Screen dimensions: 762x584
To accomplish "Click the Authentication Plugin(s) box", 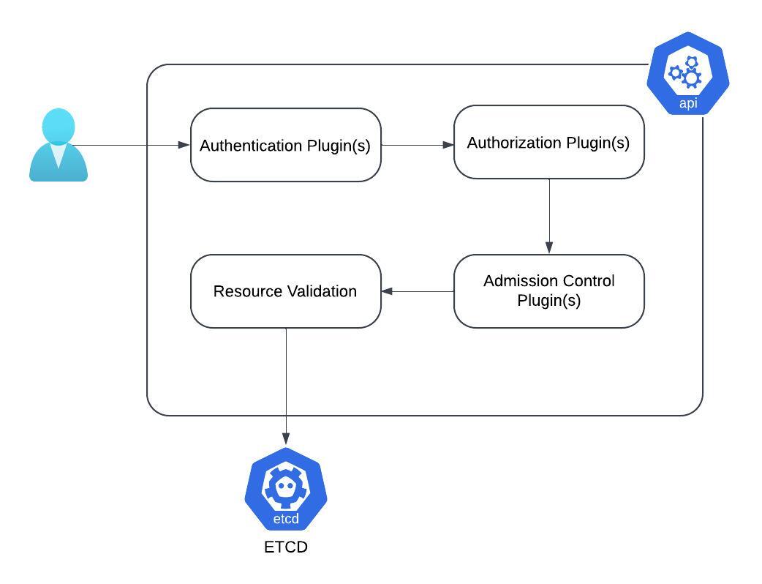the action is tap(286, 145).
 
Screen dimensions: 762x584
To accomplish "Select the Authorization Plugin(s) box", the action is tap(549, 142).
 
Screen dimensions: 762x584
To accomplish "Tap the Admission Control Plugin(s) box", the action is tap(549, 291).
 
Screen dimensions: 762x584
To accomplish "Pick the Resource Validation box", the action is tap(286, 291).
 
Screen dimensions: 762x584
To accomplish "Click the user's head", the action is tap(59, 126).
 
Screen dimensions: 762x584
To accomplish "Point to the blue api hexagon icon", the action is tap(688, 73).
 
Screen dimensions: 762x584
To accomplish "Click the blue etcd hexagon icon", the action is tap(286, 489).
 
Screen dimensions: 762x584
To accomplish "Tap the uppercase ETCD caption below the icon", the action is tap(286, 547).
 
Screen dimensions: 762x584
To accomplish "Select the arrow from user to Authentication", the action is tap(131, 145).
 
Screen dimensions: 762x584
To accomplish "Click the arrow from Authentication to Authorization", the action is tap(418, 145).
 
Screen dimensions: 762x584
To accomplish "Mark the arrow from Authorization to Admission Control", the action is tap(549, 217).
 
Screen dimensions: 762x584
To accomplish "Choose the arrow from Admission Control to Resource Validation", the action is tap(418, 291).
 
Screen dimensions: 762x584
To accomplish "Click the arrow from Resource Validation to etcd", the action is tap(286, 386).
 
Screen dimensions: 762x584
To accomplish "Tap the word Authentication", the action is tap(251, 146).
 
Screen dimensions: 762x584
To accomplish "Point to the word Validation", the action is tap(321, 291).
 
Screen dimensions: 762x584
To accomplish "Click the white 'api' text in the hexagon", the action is tap(688, 103).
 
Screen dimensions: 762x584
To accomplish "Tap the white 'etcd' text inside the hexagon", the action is tap(286, 519).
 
